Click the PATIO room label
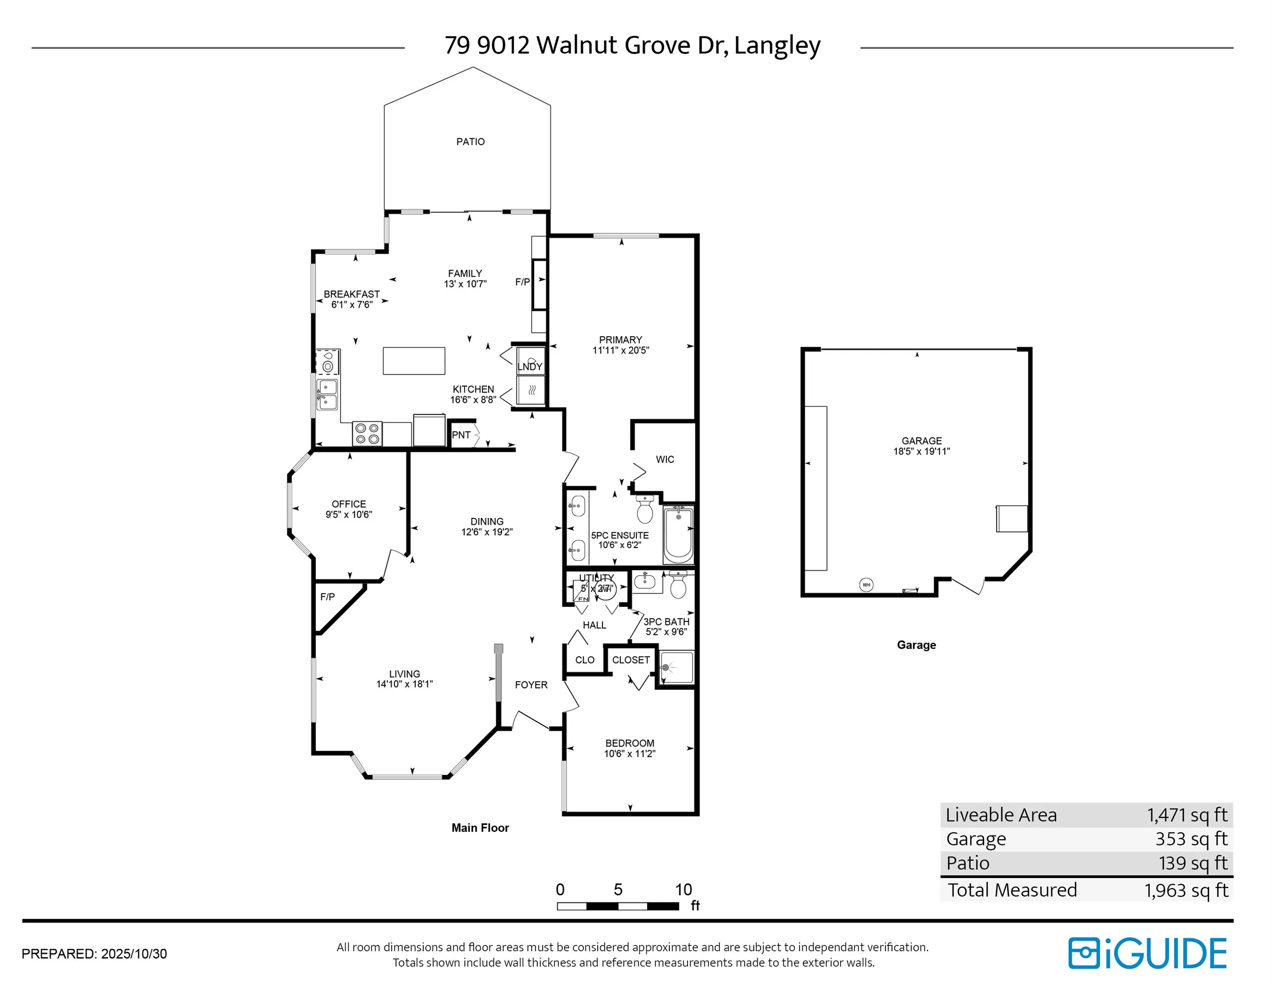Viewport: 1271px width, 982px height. pos(470,142)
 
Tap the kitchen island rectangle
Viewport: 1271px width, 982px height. pos(414,361)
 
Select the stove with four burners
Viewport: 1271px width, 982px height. pos(367,434)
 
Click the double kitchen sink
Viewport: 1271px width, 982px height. pos(327,394)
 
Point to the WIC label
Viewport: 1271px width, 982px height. pos(665,459)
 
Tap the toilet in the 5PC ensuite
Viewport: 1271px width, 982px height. pos(645,510)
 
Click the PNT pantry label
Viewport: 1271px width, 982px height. pos(461,435)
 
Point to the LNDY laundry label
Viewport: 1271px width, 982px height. pos(530,367)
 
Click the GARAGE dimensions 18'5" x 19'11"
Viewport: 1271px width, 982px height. pos(921,451)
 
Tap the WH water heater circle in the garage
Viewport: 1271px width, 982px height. pos(866,585)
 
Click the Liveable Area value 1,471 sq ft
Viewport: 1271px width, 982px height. pos(1187,815)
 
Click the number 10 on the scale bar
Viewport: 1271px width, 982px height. pos(683,890)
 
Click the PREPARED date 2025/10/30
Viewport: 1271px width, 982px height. pos(134,954)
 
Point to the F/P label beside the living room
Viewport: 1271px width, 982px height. pos(327,597)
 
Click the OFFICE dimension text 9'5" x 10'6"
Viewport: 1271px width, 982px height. pos(349,514)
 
